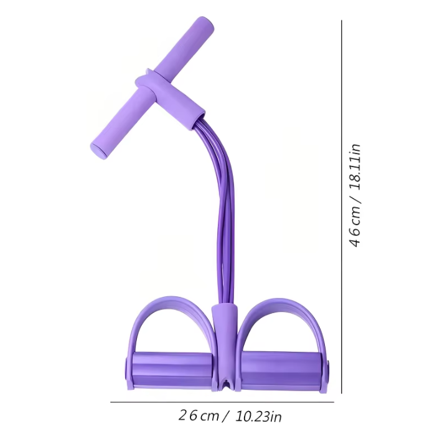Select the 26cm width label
pos(198,415)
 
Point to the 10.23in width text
pos(257,415)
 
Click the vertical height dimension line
pos(342,206)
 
